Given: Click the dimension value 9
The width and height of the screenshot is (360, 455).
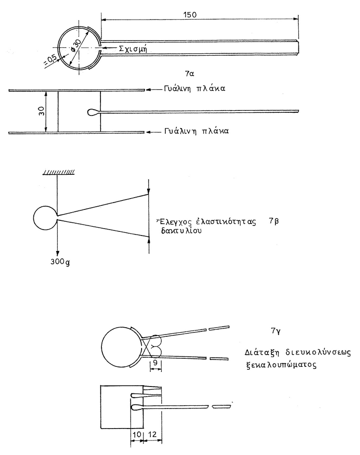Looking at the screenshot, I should [x=156, y=363].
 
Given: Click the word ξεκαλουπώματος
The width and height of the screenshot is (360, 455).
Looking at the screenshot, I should [x=281, y=365].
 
